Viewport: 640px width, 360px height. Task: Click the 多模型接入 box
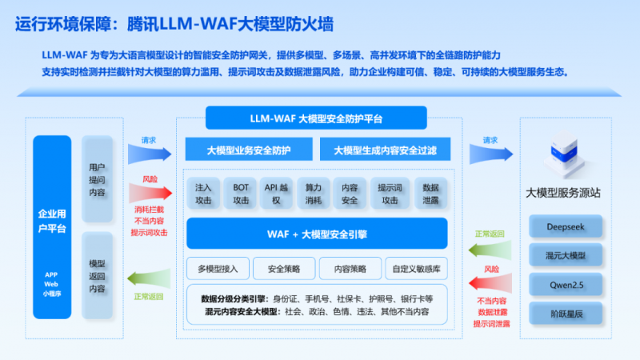tap(218, 268)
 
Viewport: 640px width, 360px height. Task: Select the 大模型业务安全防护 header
tap(249, 150)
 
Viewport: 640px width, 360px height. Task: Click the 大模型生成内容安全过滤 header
tap(386, 150)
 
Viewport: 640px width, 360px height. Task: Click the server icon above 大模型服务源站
tap(566, 157)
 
